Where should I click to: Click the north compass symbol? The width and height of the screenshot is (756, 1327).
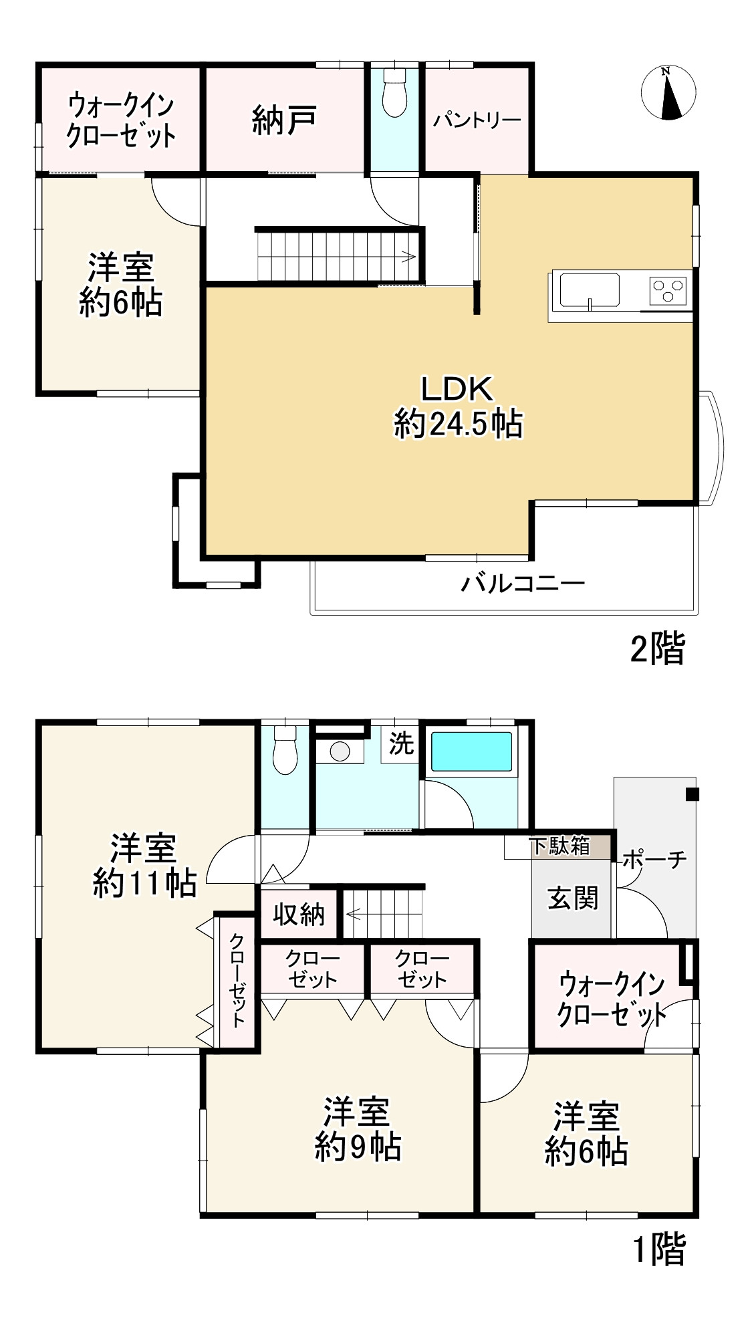(x=668, y=93)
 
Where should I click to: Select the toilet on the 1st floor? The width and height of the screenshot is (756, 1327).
(x=285, y=749)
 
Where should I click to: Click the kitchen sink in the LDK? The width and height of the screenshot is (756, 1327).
(x=589, y=291)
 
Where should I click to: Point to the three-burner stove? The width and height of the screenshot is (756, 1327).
(x=668, y=290)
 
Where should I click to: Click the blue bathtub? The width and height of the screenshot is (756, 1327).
(x=471, y=751)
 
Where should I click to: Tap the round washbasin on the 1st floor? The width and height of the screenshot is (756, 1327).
(x=340, y=751)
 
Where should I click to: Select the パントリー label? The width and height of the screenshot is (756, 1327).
(x=477, y=120)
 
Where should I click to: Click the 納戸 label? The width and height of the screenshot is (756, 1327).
(x=284, y=121)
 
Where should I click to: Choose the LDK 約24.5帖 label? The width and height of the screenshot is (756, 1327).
(x=458, y=406)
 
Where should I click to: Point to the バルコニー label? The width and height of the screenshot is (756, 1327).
(x=523, y=584)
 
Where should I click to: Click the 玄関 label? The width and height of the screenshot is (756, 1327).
(x=573, y=898)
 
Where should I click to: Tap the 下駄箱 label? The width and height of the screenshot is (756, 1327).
(x=560, y=846)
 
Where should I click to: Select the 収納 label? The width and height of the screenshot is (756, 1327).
(x=299, y=914)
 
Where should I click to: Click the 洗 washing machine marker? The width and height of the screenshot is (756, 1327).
(x=401, y=743)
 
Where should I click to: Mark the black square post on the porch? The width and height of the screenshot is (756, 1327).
(x=692, y=795)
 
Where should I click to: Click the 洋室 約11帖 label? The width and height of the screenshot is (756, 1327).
(x=144, y=866)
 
